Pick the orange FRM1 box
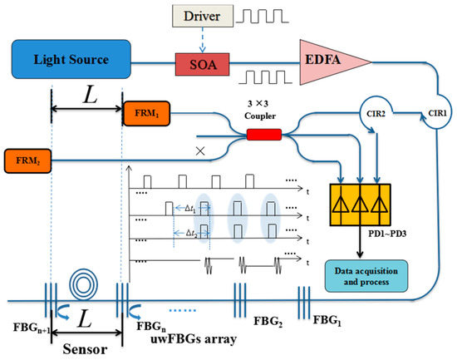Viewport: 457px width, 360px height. point(146,115)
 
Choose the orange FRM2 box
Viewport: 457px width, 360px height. point(26,157)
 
